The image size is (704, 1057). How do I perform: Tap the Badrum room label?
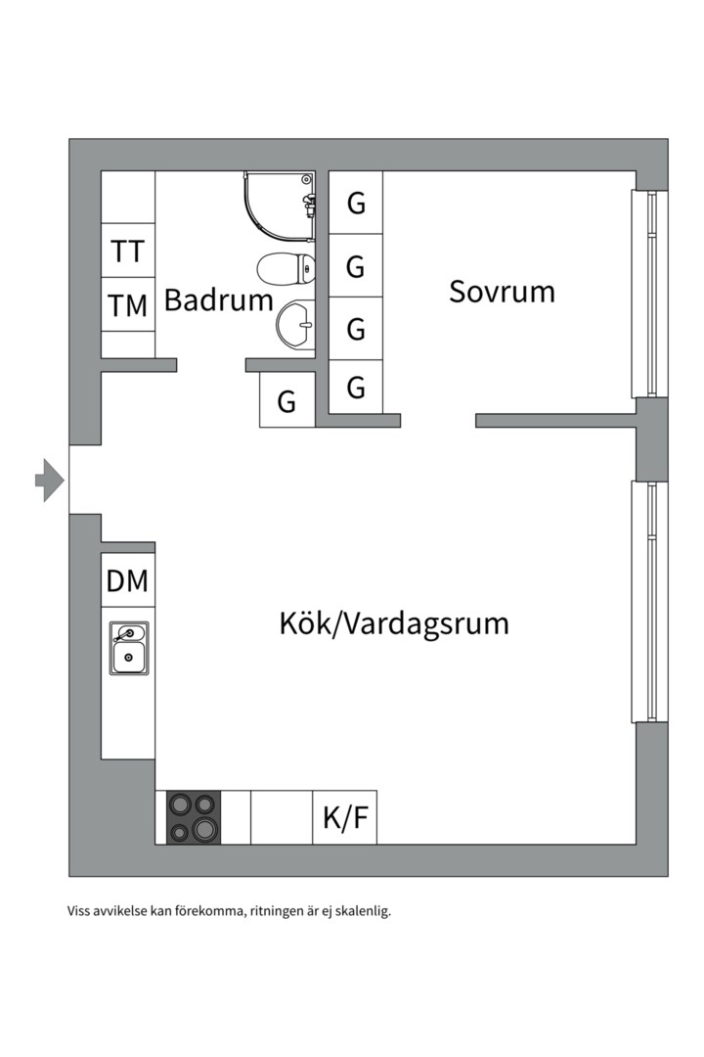coord(218,299)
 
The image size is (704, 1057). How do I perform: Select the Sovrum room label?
coord(502,291)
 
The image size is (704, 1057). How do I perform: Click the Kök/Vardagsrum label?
coord(394,622)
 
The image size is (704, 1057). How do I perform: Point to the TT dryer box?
coord(128,252)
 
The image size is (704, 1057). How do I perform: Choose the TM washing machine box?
coord(128,305)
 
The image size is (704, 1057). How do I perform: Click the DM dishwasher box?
coord(128,580)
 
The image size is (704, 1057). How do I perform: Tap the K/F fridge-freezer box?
coord(345,817)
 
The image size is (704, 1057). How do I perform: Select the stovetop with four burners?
coord(193,817)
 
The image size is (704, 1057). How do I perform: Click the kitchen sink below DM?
coord(129,648)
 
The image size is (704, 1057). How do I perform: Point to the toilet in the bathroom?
coord(286,266)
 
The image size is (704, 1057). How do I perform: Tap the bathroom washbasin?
coord(296,320)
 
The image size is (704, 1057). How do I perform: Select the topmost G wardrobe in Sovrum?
coord(356,204)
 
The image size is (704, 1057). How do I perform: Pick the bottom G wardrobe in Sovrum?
coord(356,388)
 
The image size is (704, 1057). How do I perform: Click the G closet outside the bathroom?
coord(286,401)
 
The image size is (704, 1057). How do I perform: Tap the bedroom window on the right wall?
coord(644,294)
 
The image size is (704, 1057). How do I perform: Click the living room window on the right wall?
coord(644,601)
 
